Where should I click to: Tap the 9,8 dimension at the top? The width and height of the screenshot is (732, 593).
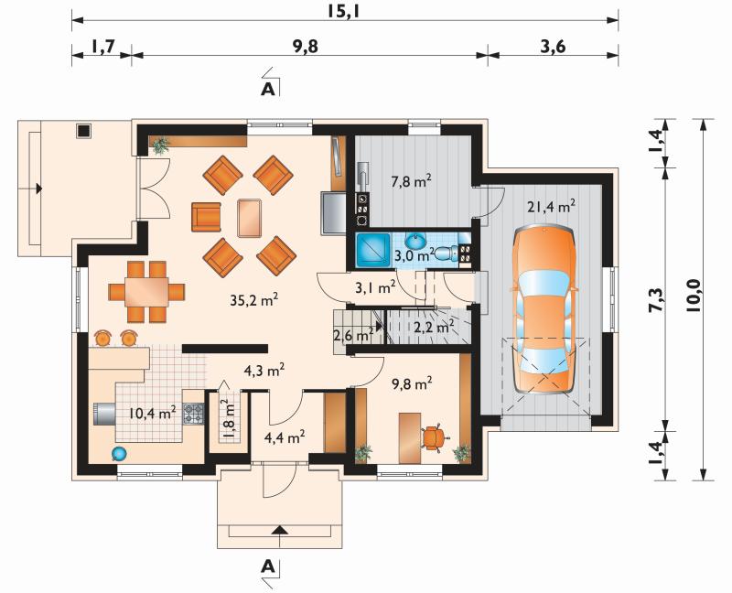click(306, 47)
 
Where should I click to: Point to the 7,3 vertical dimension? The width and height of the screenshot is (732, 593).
click(656, 299)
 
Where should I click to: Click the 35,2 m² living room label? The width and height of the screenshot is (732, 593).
click(254, 300)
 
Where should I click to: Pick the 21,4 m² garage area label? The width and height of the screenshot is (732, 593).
click(551, 206)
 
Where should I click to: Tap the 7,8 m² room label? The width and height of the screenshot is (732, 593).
click(411, 180)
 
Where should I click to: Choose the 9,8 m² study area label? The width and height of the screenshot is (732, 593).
click(411, 383)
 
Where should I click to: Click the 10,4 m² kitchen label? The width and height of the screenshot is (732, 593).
click(153, 413)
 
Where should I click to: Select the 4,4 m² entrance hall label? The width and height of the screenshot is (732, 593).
click(285, 437)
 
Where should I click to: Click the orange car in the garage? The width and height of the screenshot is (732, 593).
click(544, 309)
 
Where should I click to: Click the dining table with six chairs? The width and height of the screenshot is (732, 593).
click(146, 292)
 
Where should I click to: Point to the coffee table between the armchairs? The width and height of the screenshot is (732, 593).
click(249, 218)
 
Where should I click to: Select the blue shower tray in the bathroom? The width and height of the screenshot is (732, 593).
click(373, 249)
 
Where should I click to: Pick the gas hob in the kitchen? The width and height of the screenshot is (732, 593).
click(193, 414)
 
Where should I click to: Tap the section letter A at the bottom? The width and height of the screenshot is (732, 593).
click(267, 566)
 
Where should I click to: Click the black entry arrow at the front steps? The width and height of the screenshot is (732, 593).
click(279, 530)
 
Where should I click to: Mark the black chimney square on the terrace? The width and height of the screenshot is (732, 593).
click(84, 131)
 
